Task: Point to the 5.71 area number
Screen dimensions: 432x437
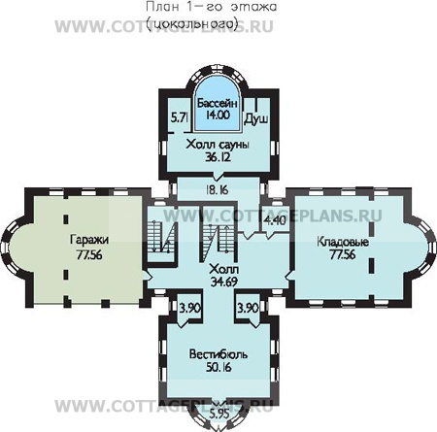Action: click(x=179, y=117)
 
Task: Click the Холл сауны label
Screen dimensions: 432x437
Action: click(x=218, y=144)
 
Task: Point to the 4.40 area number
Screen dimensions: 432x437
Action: click(x=276, y=220)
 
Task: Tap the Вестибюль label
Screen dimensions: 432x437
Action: click(x=218, y=355)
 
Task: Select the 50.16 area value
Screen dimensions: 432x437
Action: click(x=218, y=368)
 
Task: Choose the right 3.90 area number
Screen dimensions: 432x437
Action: click(x=247, y=308)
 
